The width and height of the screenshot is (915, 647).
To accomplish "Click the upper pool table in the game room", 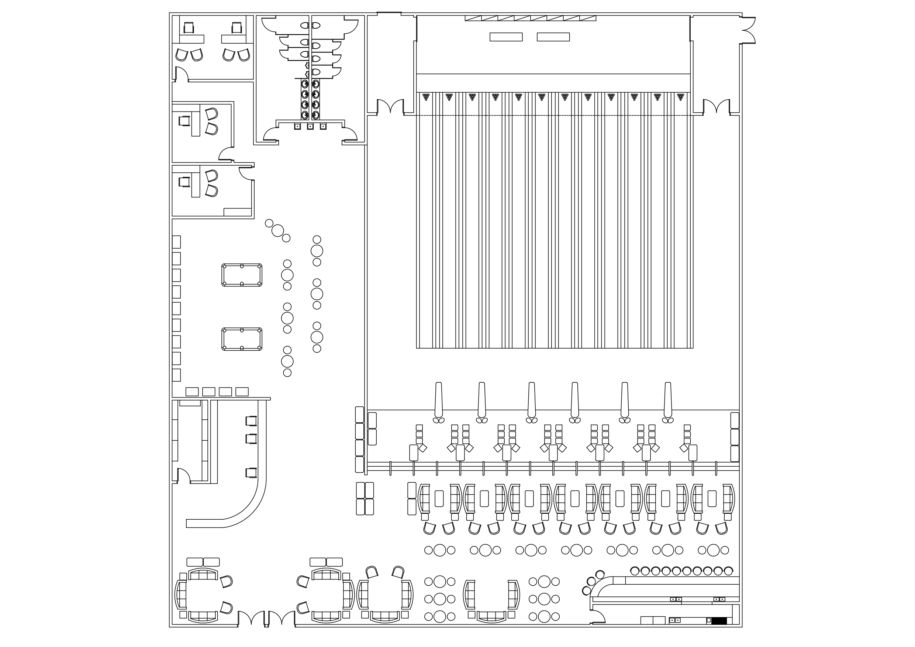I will click(242, 275).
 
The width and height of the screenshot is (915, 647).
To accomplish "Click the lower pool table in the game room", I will click(242, 339).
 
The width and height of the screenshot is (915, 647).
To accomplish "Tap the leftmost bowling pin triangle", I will click(426, 97).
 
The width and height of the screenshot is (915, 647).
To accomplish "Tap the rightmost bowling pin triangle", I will click(680, 97).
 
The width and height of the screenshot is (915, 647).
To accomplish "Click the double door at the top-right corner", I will click(748, 30).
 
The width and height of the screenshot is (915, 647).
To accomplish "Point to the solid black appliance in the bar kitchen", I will click(719, 621).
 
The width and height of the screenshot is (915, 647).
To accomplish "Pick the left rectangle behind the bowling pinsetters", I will click(506, 37).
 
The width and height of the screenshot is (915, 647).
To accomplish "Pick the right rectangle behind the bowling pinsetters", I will click(553, 37).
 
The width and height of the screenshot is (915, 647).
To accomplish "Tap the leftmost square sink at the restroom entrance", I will click(297, 126).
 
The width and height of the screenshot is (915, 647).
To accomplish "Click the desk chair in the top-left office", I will click(189, 28).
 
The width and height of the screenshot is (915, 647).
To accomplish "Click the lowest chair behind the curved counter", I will click(251, 473).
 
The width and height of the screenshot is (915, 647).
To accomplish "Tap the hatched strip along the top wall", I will click(530, 18).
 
